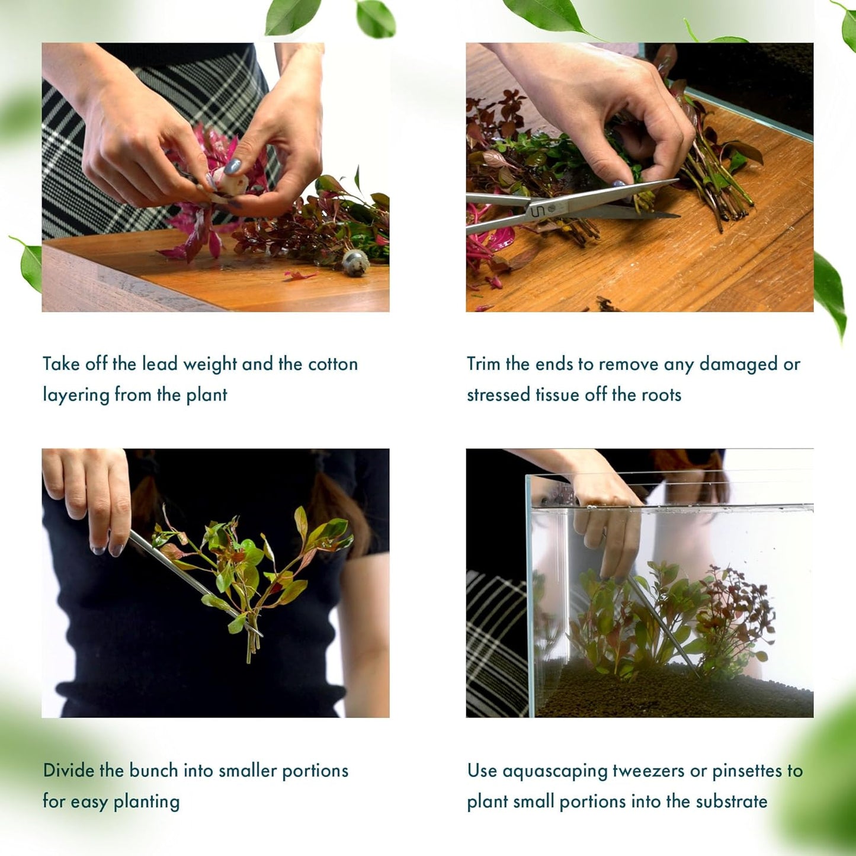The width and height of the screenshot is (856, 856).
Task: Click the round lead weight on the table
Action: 355,261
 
